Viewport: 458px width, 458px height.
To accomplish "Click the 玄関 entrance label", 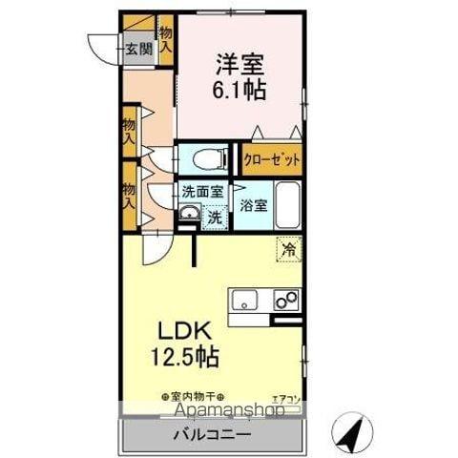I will point(138,50).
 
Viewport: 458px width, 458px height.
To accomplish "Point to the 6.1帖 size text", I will point(239,91).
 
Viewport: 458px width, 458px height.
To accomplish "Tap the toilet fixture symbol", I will point(203,156).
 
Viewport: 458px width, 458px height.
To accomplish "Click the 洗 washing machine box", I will point(215,216).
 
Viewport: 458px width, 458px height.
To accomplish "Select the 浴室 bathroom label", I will point(253,205).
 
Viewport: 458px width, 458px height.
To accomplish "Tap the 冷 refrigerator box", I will point(287,250).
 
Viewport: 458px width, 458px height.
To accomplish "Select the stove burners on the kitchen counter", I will point(284,301).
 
